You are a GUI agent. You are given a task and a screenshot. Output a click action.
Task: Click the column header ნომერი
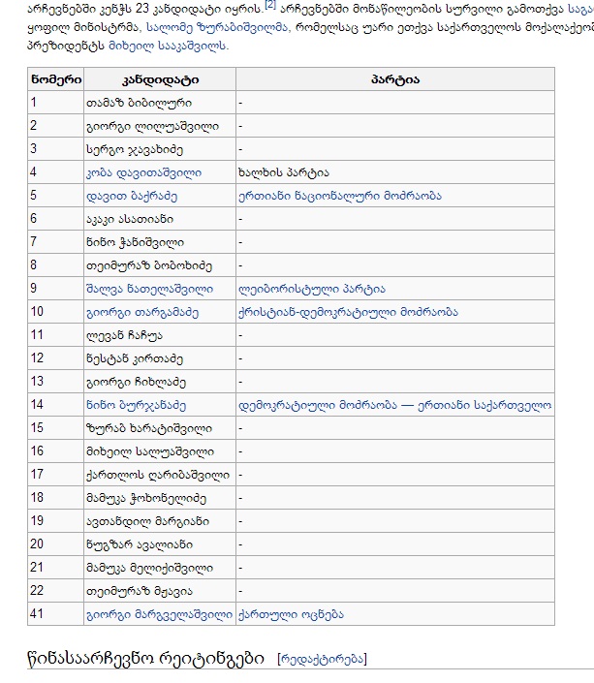(55, 78)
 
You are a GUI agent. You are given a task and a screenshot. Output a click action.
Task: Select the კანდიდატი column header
(159, 78)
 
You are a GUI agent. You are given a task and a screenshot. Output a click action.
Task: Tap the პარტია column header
(394, 78)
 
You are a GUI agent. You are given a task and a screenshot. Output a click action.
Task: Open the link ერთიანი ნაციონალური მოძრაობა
(339, 196)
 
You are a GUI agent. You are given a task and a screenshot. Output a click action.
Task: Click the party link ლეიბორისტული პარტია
(311, 289)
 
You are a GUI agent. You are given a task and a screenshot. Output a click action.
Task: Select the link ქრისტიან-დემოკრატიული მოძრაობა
(348, 312)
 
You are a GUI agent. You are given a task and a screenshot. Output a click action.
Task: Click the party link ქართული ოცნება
(291, 614)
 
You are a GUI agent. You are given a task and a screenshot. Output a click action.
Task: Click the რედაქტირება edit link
(322, 660)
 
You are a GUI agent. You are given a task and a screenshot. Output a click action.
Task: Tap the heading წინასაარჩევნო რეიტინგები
(145, 659)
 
